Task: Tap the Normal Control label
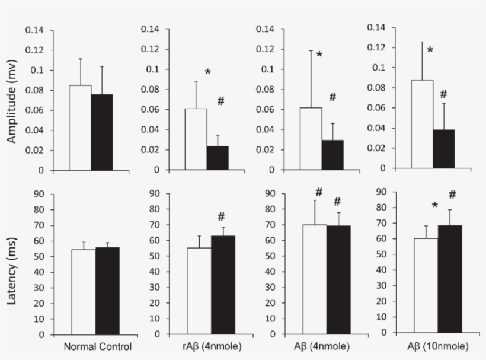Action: [x=97, y=346]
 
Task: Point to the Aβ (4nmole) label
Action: [x=323, y=346]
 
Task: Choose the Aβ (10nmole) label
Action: [x=436, y=346]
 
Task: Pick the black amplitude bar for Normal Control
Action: [x=102, y=132]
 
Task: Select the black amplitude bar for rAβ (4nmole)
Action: [x=218, y=158]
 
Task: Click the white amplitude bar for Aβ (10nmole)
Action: [x=421, y=124]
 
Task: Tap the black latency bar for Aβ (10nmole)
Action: [x=450, y=279]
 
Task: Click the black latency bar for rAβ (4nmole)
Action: [x=223, y=285]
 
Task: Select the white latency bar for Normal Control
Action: [x=83, y=291]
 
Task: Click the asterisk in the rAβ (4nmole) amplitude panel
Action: [x=208, y=72]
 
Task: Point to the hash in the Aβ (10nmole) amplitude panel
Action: [x=443, y=94]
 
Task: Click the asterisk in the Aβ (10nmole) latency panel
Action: [x=435, y=206]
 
